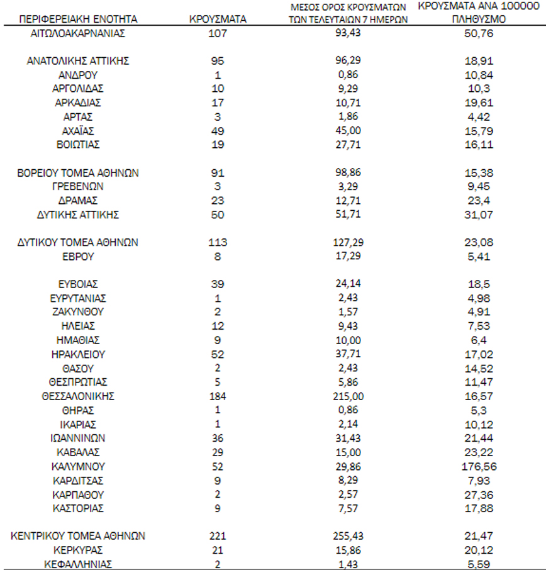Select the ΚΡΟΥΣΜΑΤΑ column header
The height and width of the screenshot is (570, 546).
[218, 19]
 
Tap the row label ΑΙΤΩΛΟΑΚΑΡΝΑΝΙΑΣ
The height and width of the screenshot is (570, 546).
[78, 33]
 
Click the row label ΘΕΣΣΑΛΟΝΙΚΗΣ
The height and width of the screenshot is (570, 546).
[78, 396]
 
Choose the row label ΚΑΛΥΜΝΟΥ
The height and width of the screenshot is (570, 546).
[78, 466]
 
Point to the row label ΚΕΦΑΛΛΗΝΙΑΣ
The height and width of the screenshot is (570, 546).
[78, 564]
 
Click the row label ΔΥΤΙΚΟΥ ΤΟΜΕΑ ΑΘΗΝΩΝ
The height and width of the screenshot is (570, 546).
[78, 242]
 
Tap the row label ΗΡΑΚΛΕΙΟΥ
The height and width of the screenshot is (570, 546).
[78, 354]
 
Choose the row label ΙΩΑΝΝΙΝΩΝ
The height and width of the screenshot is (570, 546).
[78, 438]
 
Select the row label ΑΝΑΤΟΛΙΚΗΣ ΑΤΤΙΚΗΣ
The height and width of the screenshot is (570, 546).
[78, 61]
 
